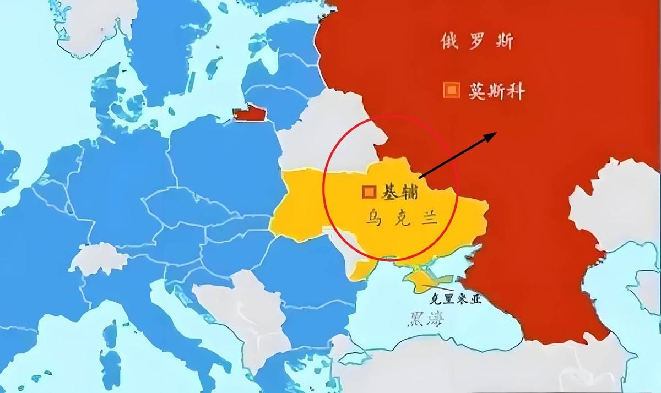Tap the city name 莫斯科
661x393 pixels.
pos(495,91)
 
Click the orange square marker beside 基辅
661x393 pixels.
pos(369,192)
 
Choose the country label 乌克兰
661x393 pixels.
pos(400,219)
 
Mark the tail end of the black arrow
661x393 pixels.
pos(420,177)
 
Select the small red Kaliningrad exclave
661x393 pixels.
pos(248,114)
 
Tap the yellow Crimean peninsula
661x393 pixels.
pos(419,278)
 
